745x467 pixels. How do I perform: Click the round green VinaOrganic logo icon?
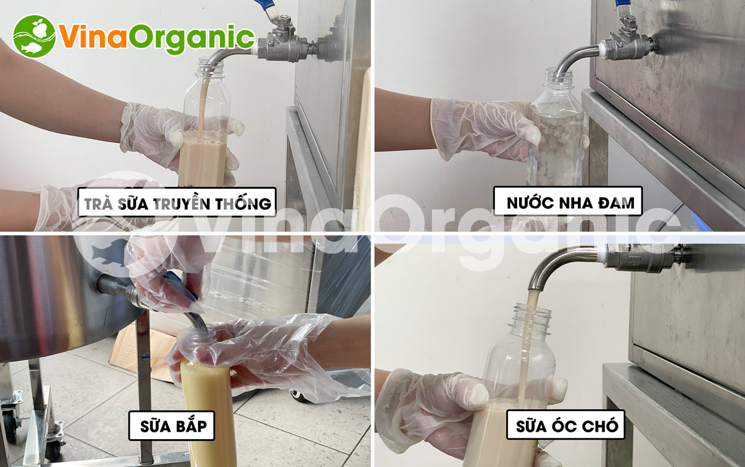tap(34, 36)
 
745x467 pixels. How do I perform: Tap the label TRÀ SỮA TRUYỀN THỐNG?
tap(177, 202)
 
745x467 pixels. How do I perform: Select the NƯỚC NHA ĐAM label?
tap(567, 201)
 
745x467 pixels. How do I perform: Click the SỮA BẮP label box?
tap(171, 426)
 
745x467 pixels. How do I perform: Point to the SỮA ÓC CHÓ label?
tap(566, 425)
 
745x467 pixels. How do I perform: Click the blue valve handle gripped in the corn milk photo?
tap(184, 286)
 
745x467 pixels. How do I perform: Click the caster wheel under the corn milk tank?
tap(10, 422)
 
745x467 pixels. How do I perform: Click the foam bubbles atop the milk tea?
tap(203, 137)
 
